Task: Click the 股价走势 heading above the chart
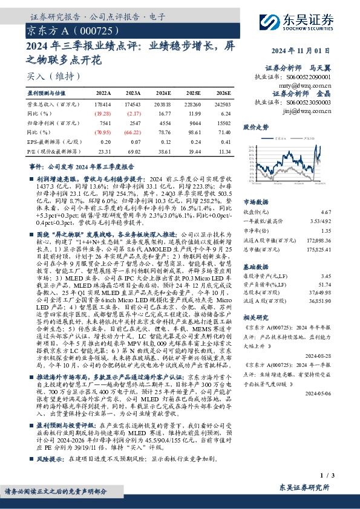click(256, 128)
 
